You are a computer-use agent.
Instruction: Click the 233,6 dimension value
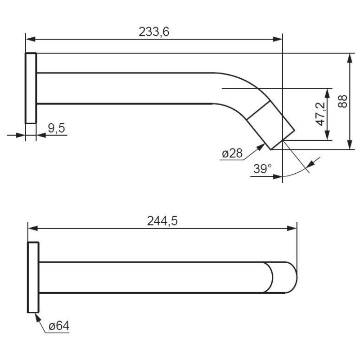click(154, 31)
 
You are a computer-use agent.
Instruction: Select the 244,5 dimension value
click(162, 221)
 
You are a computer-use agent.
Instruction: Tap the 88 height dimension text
click(342, 101)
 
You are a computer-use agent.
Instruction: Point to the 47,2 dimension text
click(321, 114)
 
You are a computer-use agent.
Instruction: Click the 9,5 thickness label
click(57, 128)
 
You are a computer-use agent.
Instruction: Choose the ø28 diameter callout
click(232, 153)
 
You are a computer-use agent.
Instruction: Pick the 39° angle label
click(262, 169)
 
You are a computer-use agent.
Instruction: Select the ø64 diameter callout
click(59, 326)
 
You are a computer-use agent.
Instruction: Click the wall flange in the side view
click(31, 88)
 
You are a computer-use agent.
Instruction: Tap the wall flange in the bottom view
click(33, 277)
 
